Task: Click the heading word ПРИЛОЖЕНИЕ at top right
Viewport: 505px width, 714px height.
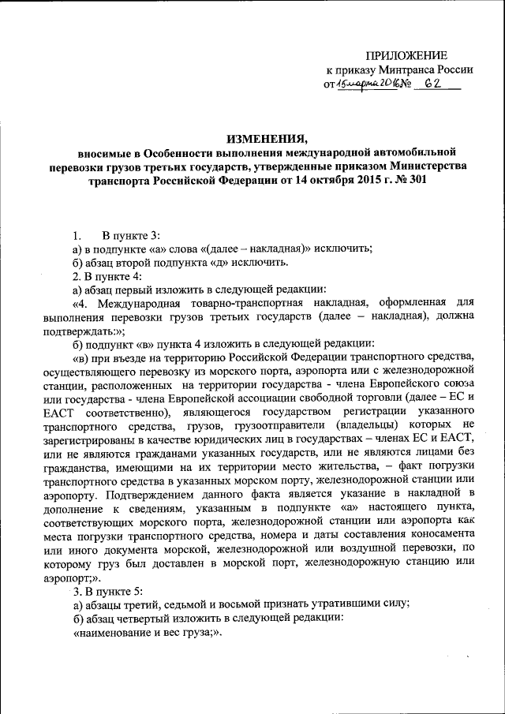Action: [x=406, y=54]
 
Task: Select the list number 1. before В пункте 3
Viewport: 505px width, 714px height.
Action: [x=77, y=236]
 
